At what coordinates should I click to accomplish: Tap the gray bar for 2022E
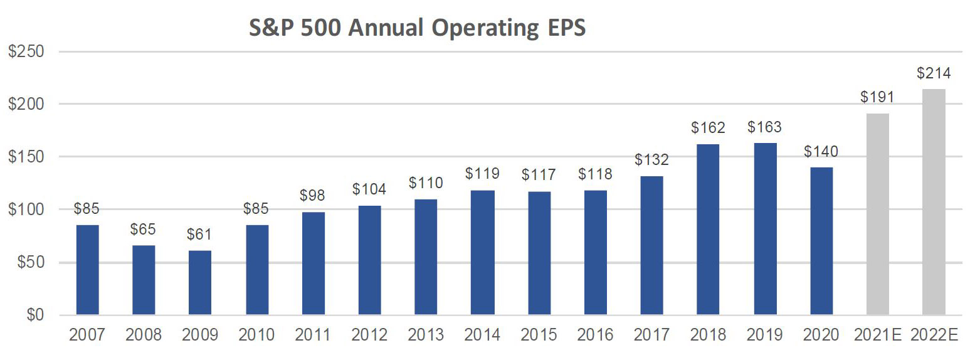pos(934,201)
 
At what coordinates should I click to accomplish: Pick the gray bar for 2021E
pos(877,214)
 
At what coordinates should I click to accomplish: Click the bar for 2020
pos(821,241)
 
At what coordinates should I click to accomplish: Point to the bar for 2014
pos(483,252)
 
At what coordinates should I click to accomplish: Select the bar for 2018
pos(708,230)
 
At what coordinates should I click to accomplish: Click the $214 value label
pos(934,73)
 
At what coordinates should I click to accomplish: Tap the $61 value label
pos(200,235)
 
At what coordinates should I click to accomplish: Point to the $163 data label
pos(764,127)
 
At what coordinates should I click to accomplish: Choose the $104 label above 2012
pos(369,189)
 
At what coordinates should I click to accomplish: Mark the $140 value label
pos(821,152)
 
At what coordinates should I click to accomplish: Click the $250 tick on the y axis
pos(26,51)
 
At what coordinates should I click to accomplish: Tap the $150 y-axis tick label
pos(26,157)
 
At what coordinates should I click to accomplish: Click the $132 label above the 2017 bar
pos(651,160)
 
